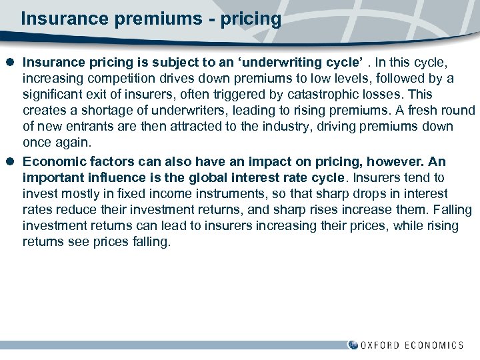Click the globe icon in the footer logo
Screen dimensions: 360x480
pos(353,345)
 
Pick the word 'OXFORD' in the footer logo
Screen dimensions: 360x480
pos(381,345)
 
